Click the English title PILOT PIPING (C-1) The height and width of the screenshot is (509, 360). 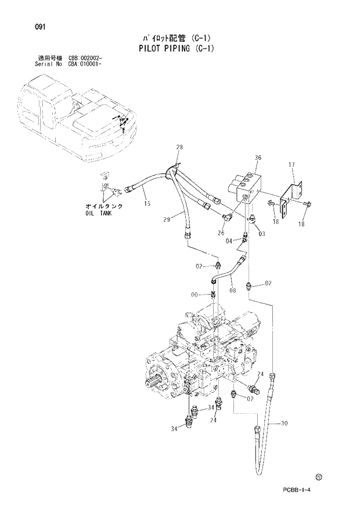point(177,49)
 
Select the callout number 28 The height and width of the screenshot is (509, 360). point(179,148)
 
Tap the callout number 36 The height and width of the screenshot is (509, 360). point(258,157)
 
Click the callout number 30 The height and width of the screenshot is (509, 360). point(283,423)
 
